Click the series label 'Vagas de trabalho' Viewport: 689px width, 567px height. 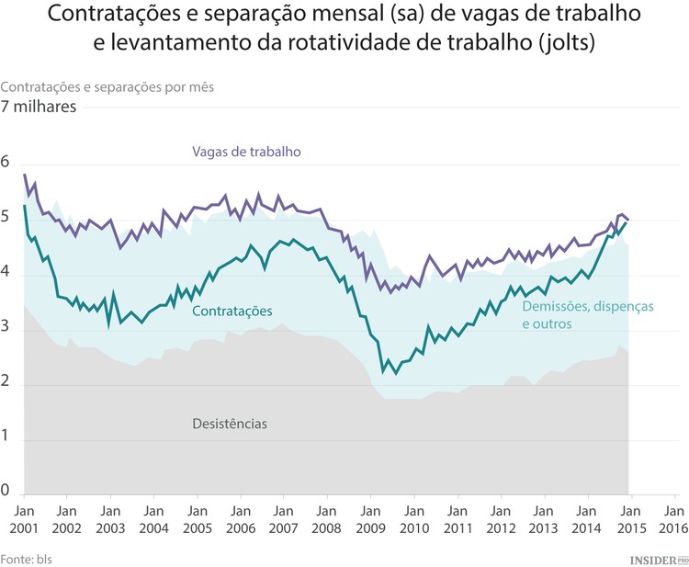click(246, 152)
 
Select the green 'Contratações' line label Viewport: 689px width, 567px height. click(232, 312)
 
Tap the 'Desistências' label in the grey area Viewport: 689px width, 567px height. click(230, 424)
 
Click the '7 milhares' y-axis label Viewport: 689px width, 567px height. click(39, 107)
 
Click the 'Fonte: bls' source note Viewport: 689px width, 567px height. click(26, 557)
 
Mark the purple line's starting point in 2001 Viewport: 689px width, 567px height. click(25, 175)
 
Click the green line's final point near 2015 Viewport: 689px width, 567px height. click(627, 222)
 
